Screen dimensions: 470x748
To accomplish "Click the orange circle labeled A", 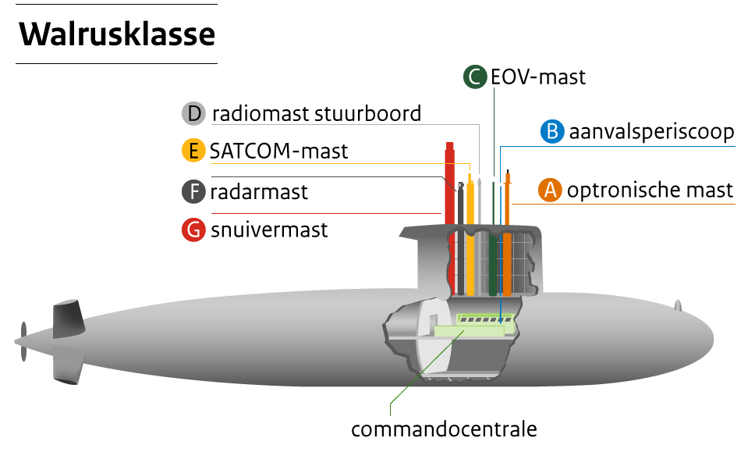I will tap(550, 190).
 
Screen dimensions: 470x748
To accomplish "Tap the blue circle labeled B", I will tap(552, 131).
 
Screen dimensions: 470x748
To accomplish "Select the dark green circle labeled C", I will tap(475, 77).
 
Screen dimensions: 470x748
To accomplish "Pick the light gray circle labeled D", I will tap(193, 113).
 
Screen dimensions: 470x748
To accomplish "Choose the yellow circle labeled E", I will tap(193, 150).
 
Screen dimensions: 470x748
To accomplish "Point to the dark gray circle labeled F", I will tap(193, 191).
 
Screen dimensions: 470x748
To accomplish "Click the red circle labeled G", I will tap(193, 230).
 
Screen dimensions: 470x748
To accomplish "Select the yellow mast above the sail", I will tap(470, 203).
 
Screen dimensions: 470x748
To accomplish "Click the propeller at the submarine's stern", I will tap(23, 341).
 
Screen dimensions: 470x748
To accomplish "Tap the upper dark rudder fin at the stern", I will tap(68, 319).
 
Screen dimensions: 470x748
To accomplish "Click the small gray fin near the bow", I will tap(678, 305).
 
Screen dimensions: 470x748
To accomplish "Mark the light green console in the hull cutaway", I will tap(468, 331).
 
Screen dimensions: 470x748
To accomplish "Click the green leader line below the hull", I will tap(406, 390).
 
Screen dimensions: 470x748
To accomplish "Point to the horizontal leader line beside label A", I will tap(624, 204).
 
